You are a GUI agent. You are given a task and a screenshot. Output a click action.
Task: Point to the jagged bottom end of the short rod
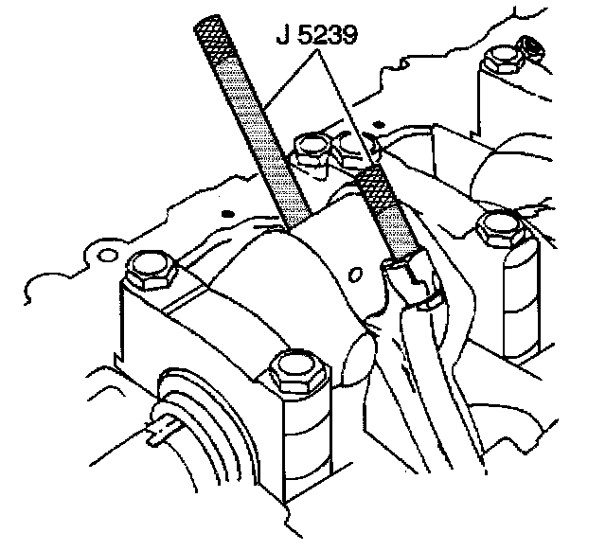tap(401, 275)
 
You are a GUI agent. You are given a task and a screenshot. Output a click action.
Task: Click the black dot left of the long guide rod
tap(227, 214)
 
